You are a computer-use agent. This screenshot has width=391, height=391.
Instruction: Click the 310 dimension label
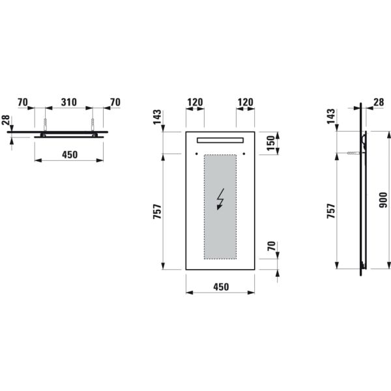(69, 102)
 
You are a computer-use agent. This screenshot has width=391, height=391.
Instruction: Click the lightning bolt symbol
(220, 199)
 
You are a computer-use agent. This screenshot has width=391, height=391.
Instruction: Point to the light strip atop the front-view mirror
(220, 139)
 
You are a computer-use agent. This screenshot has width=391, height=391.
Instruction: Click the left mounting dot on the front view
(197, 154)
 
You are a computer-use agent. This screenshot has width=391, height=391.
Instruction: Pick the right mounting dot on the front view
(244, 154)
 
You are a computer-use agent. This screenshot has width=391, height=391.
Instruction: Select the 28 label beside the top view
(6, 121)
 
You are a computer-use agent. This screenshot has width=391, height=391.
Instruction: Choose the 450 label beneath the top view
(69, 155)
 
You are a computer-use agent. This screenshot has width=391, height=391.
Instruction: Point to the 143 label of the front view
(157, 116)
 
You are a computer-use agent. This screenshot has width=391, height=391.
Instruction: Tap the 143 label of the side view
(330, 116)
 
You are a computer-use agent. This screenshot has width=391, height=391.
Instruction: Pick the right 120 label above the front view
(245, 102)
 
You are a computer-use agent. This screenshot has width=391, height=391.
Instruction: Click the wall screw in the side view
(355, 153)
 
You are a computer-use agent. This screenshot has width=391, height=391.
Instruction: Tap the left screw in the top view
(44, 124)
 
